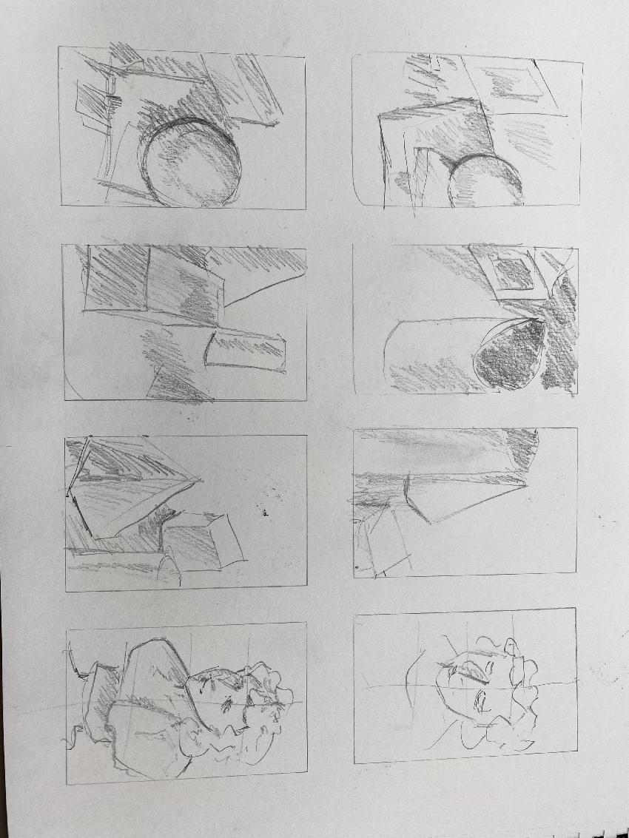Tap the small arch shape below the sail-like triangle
tap(169, 570)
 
